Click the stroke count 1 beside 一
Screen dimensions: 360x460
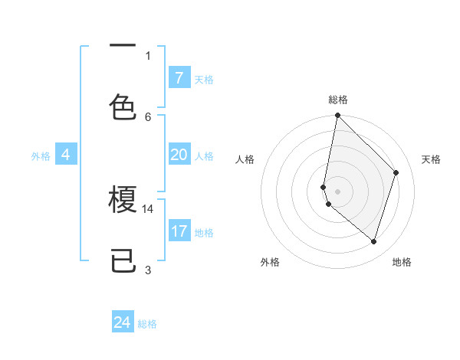(x=148, y=55)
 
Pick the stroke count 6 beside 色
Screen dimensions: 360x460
(x=148, y=116)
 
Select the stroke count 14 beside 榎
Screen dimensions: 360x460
(x=148, y=208)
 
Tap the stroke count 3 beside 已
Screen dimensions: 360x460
(x=148, y=270)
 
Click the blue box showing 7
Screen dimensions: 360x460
(x=179, y=78)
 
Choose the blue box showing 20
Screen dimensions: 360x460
(x=179, y=155)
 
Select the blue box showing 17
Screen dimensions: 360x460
(x=179, y=231)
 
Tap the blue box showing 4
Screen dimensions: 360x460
(x=66, y=155)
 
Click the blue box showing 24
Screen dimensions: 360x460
(x=123, y=322)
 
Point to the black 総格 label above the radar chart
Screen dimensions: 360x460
(x=338, y=100)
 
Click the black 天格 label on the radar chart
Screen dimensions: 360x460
(x=432, y=159)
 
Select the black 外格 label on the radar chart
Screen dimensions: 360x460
(x=270, y=262)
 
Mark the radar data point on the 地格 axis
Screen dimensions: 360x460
(x=374, y=241)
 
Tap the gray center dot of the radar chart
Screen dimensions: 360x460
(x=338, y=191)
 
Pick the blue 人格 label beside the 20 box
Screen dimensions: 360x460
(x=204, y=155)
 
